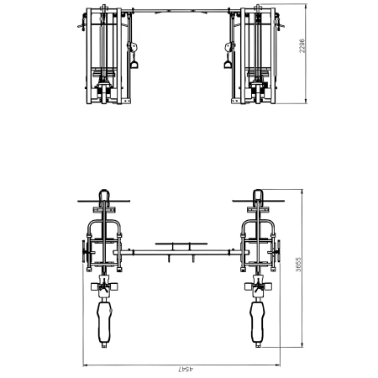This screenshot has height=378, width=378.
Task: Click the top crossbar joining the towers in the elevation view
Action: (179, 11)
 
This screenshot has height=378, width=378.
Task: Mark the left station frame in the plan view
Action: (103, 239)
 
